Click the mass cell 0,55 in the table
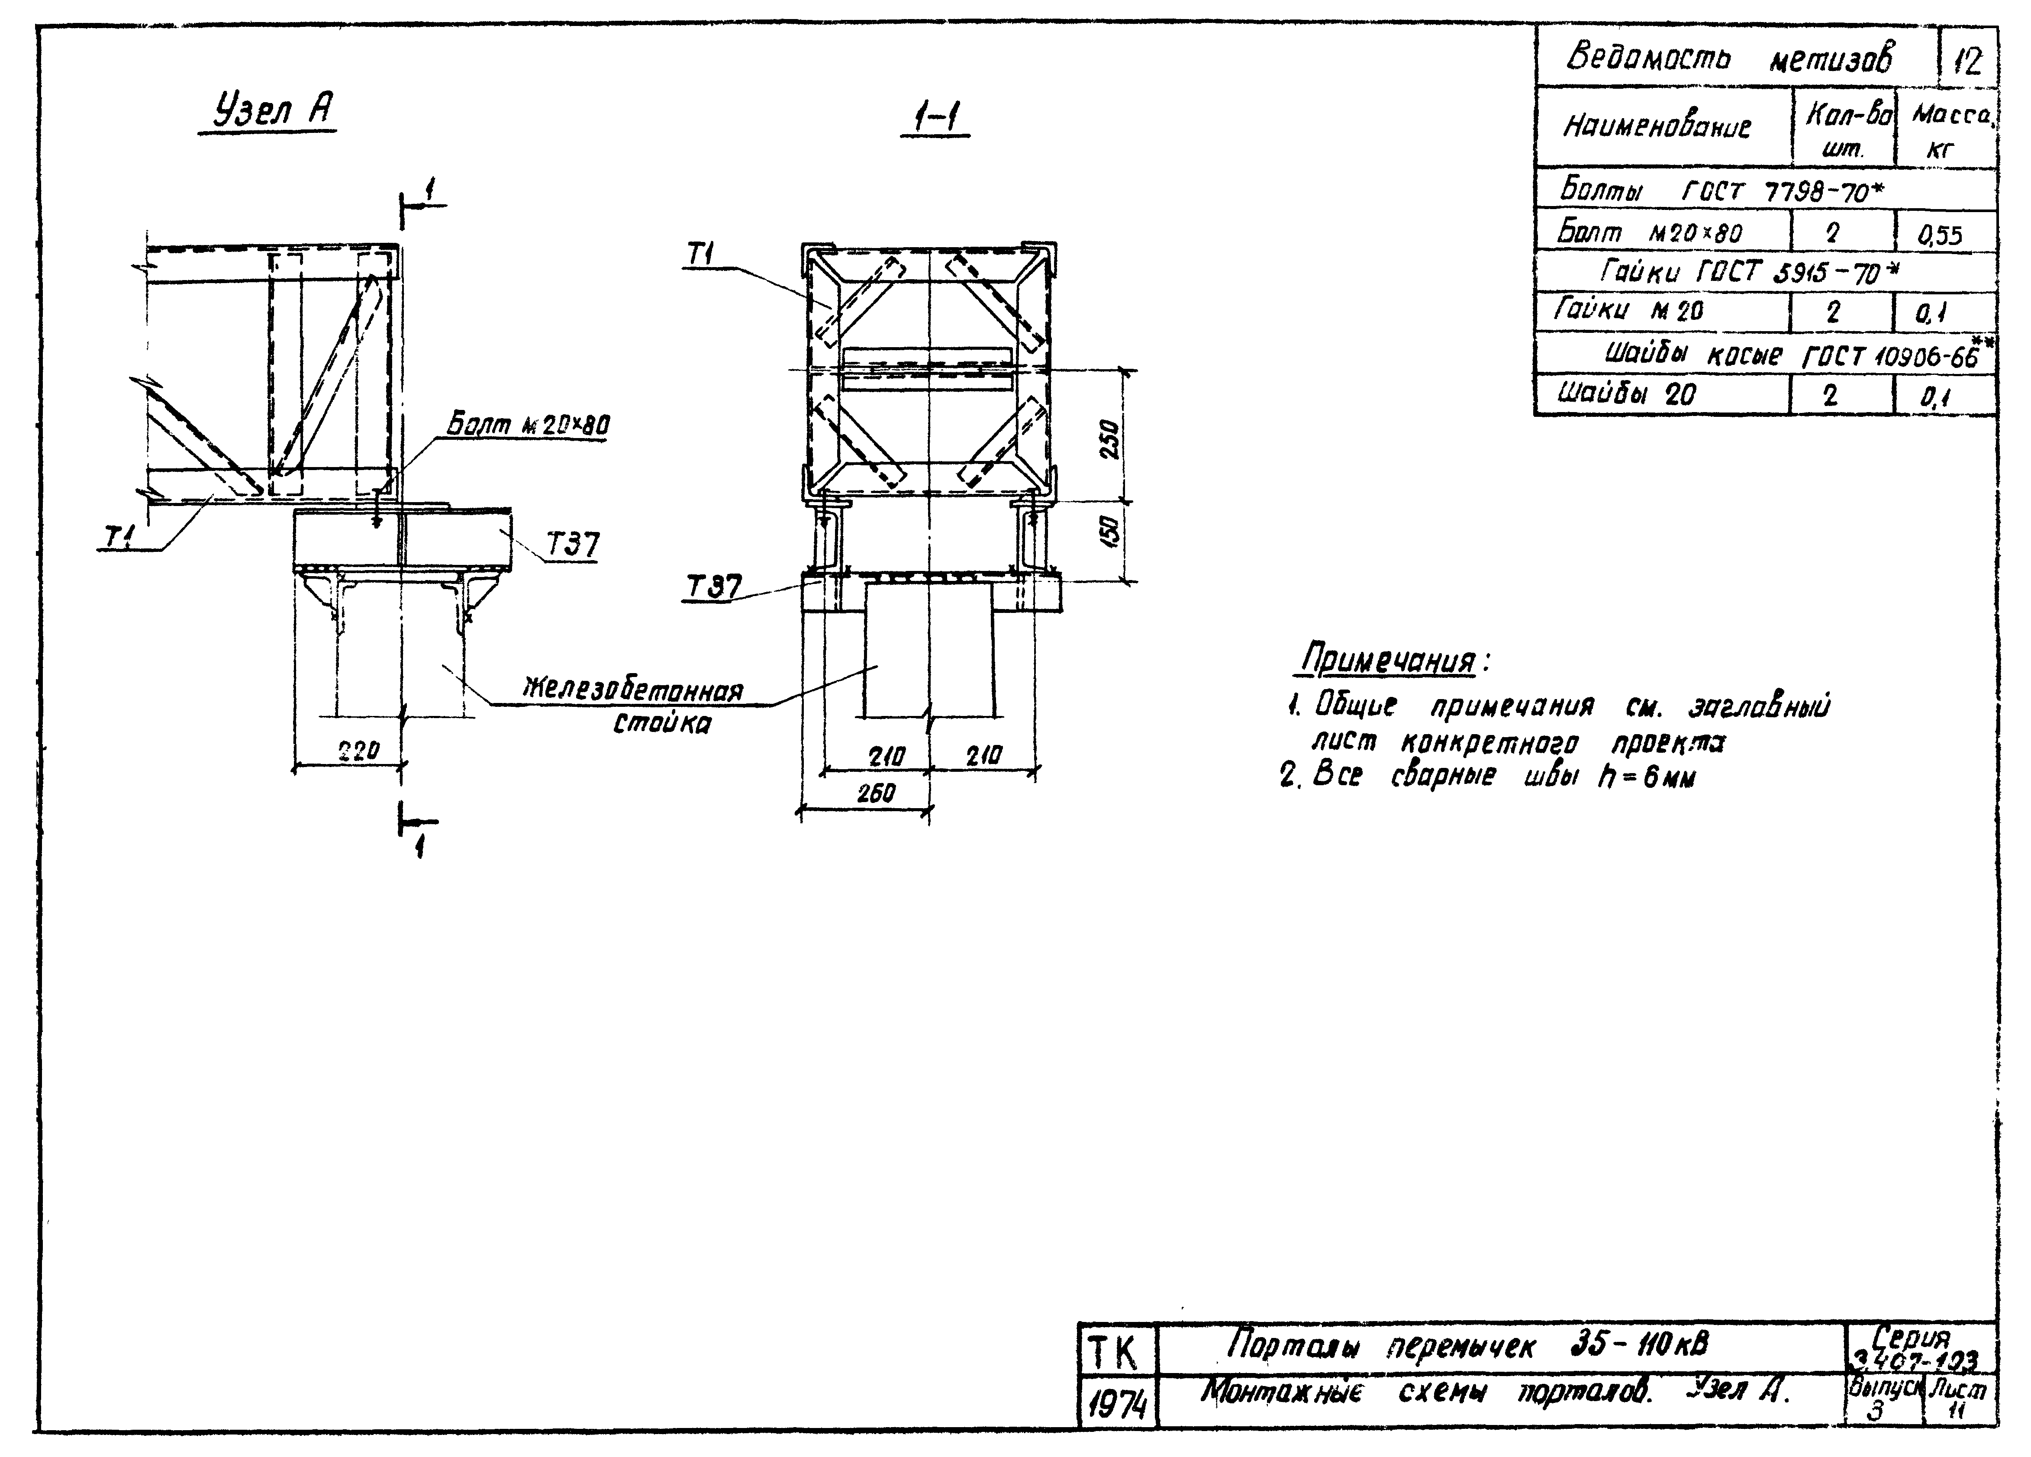point(1940,235)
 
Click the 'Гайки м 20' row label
point(1629,311)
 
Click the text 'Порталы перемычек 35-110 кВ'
point(1469,1345)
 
